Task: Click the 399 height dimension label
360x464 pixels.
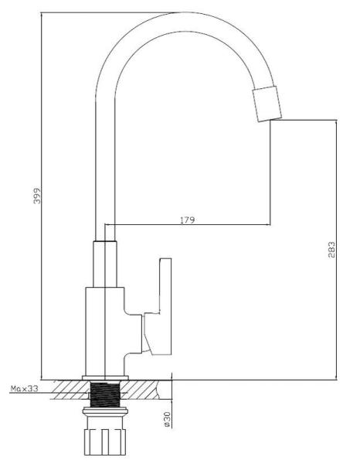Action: tap(37, 196)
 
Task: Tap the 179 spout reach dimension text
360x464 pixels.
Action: tap(188, 220)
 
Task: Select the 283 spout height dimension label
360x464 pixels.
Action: tap(332, 250)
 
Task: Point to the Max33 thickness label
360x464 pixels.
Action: tap(25, 388)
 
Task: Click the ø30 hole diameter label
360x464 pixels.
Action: tap(168, 419)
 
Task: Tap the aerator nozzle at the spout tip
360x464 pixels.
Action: tap(267, 104)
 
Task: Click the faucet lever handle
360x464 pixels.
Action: tap(158, 306)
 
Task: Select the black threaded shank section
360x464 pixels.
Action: tap(105, 394)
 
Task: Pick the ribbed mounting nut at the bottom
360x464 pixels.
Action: tap(105, 442)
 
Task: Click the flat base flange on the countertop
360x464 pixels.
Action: tap(105, 377)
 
